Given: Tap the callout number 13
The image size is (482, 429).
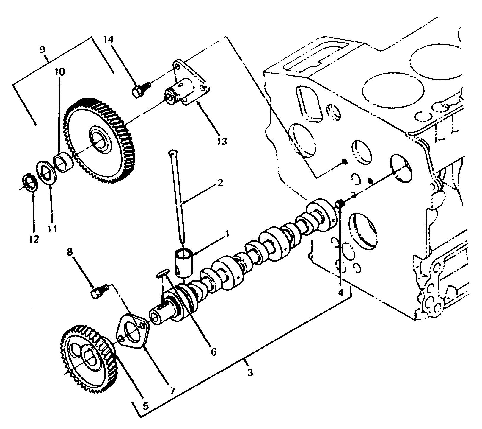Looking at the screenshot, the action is (222, 141).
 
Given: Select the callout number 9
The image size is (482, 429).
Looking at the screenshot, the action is (43, 49).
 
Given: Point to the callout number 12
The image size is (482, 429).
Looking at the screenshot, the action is (34, 239).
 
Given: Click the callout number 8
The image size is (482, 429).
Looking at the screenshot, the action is (70, 252).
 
